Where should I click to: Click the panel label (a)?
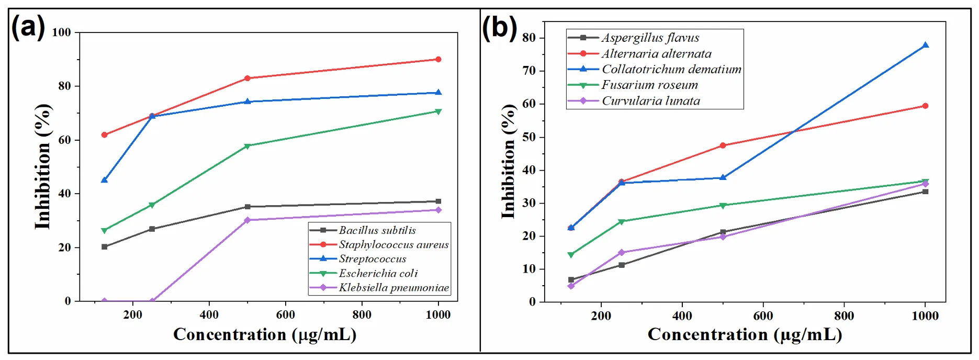[28, 27]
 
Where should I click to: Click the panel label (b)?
[499, 28]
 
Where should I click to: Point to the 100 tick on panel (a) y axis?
[61, 32]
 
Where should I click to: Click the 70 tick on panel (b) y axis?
[529, 71]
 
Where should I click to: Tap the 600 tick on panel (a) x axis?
[286, 314]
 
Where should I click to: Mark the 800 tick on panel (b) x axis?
[844, 316]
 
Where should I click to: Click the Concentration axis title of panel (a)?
[265, 334]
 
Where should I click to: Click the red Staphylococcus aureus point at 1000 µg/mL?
[438, 59]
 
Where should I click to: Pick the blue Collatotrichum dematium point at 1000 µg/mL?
[925, 46]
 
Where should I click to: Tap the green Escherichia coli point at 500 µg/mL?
[247, 146]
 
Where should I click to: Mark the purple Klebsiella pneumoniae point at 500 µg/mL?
[247, 220]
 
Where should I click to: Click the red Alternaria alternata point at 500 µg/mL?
[723, 145]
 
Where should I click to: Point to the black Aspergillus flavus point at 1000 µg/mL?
[925, 192]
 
